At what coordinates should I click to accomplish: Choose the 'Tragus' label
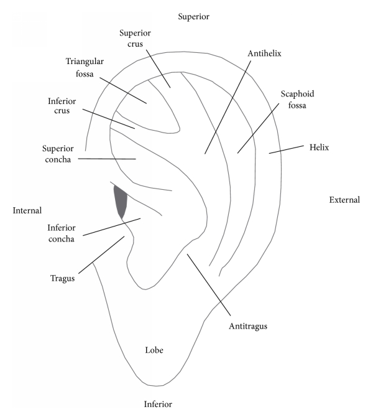[x=63, y=279]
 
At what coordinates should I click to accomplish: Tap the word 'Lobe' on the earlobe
[x=154, y=350]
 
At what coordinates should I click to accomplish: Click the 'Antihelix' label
[x=265, y=54]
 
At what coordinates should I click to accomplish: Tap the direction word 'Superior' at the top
[x=193, y=16]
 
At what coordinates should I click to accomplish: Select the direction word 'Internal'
[x=27, y=210]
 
